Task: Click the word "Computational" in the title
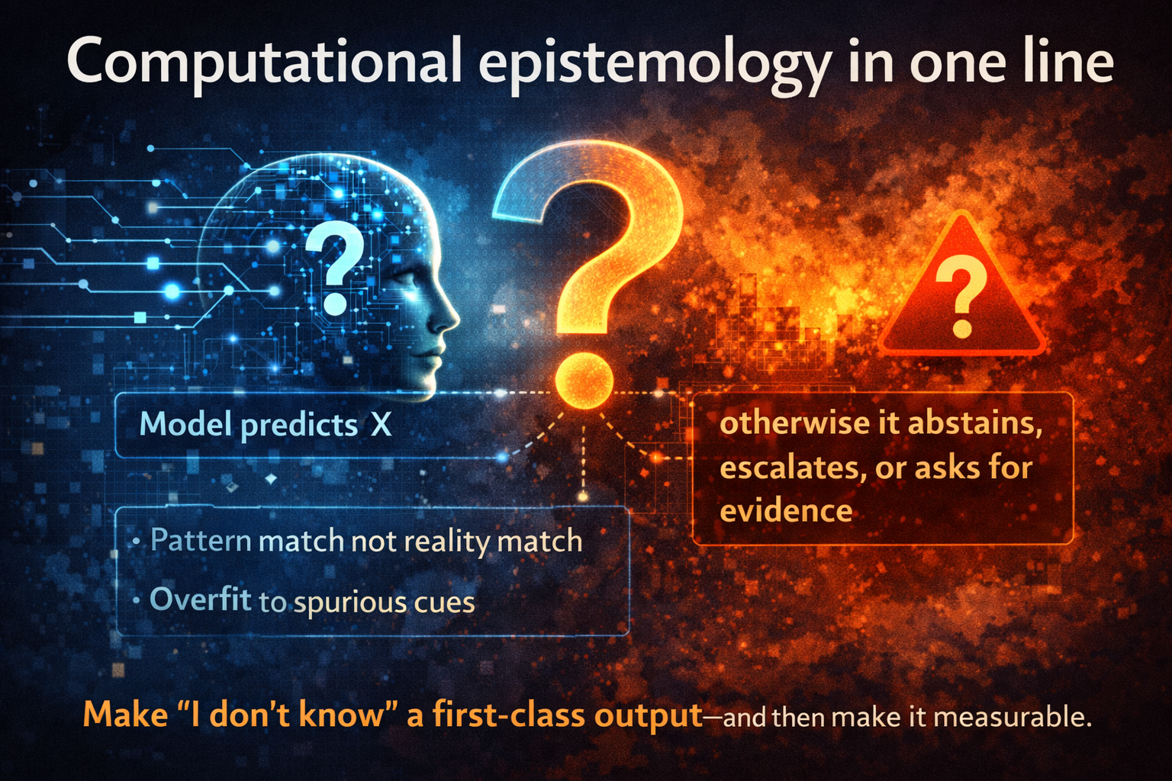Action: tap(264, 61)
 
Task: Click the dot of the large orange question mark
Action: tap(584, 380)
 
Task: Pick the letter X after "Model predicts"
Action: tap(381, 425)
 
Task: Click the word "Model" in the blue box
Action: tap(185, 424)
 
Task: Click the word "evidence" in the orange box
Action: tap(786, 511)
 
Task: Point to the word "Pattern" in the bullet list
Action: tap(201, 541)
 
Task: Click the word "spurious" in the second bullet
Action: tap(350, 603)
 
